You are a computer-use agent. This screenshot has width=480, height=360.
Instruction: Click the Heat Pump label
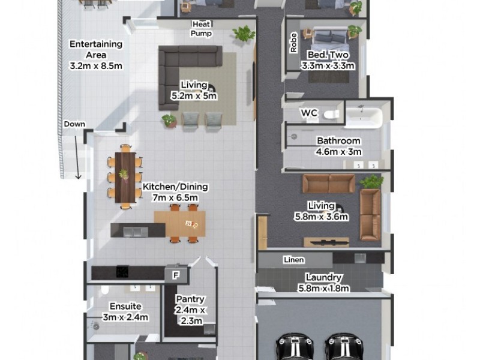(x=202, y=29)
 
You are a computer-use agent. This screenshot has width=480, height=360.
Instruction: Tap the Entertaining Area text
(x=96, y=55)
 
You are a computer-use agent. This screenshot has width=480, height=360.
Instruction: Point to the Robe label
(x=293, y=43)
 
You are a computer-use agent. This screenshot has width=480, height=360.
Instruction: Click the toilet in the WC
(x=331, y=113)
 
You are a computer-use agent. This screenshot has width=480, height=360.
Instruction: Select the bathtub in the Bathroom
(x=362, y=116)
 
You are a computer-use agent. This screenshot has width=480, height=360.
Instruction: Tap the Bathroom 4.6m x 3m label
(x=338, y=146)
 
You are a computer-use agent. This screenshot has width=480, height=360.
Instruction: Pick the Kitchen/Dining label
(x=170, y=191)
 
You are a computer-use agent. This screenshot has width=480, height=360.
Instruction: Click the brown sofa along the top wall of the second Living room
(x=329, y=184)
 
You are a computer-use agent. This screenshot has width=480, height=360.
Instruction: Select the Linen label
(x=294, y=260)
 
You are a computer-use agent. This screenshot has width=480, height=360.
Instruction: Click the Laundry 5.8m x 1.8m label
(x=323, y=283)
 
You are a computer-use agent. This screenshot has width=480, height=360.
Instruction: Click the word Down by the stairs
(x=74, y=124)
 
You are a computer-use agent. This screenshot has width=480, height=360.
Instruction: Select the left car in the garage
(x=295, y=349)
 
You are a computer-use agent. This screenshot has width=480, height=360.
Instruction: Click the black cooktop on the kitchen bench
(x=122, y=272)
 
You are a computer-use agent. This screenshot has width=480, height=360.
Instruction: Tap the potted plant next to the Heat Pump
(x=244, y=34)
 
